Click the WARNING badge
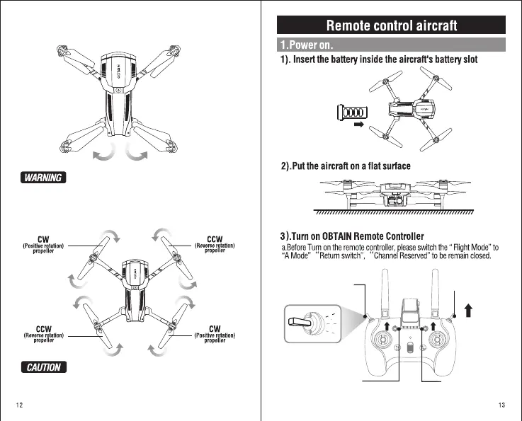click(44, 177)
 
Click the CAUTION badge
click(44, 367)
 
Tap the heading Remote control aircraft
click(392, 26)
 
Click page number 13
click(501, 405)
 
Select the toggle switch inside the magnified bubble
click(302, 323)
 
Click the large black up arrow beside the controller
click(468, 310)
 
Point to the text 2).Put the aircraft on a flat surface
click(346, 166)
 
